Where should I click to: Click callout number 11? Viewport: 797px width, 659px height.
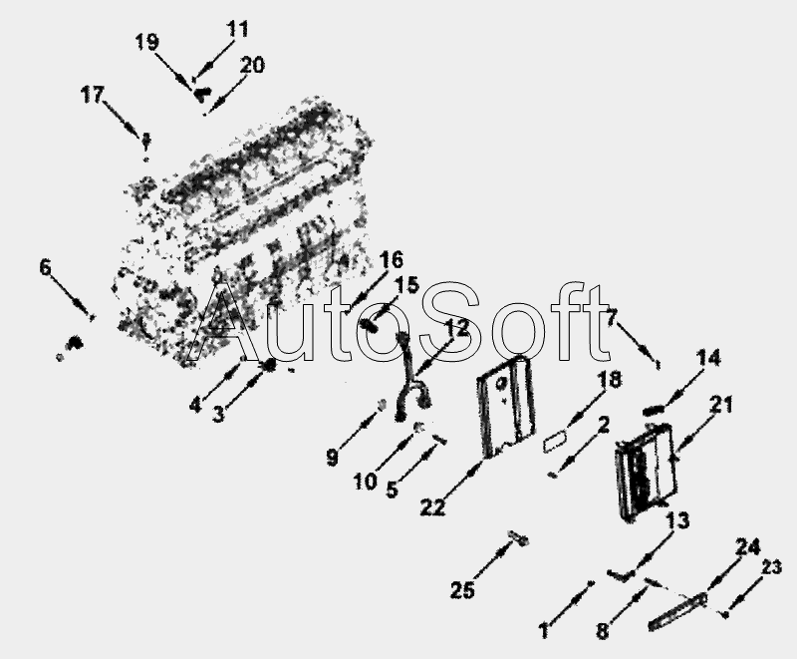point(237,29)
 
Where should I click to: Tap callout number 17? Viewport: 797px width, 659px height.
point(93,95)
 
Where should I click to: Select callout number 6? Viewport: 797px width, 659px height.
point(46,267)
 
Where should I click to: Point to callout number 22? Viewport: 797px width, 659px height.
point(432,506)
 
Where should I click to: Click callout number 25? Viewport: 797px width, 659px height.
point(462,590)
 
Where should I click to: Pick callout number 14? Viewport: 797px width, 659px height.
point(708,358)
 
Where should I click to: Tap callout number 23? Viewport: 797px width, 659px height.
point(770,566)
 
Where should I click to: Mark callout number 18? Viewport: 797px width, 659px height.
point(610,379)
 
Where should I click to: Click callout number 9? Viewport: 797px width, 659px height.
point(332,458)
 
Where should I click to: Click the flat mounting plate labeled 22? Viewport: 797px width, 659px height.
point(506,407)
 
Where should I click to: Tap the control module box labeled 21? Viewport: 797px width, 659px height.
point(645,471)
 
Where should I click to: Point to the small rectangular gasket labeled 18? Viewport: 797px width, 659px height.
point(556,441)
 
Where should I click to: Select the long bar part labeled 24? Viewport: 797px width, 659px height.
point(677,611)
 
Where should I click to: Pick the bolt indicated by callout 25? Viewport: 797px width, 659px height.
point(518,538)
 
